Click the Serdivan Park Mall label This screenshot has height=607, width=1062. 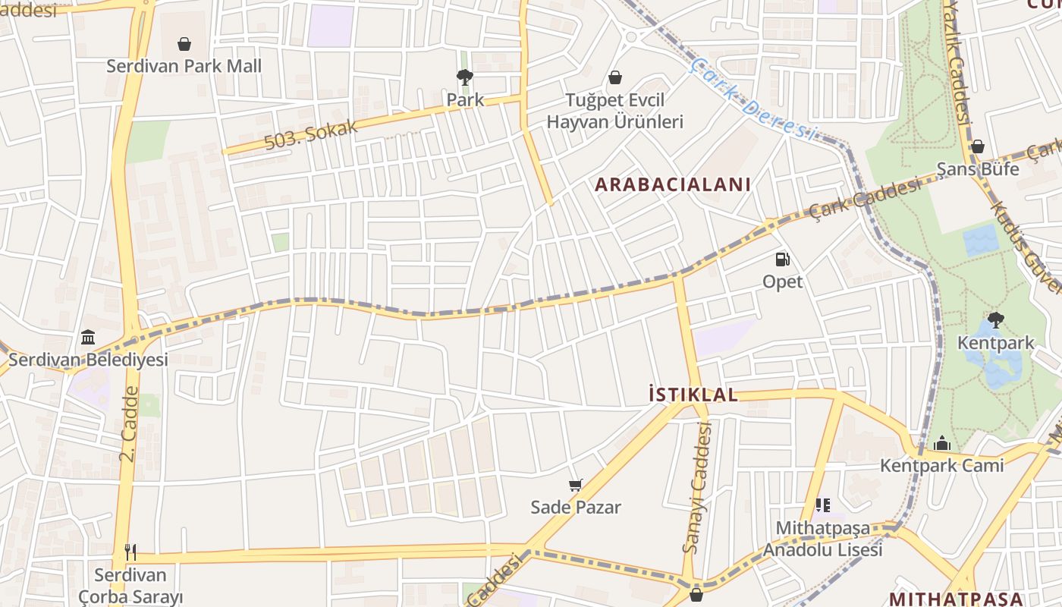(x=184, y=66)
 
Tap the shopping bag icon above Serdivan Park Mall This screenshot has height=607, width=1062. (x=184, y=44)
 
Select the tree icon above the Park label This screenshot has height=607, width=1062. (x=464, y=77)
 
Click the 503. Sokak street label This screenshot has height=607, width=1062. (x=311, y=135)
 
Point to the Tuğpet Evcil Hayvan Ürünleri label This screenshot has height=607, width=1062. (x=615, y=111)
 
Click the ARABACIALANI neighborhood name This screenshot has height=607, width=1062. (x=673, y=184)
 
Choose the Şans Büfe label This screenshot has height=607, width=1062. (x=978, y=169)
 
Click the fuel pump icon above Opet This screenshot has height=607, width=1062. (x=782, y=259)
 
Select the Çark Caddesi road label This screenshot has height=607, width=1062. (x=865, y=198)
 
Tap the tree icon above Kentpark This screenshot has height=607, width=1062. (x=995, y=320)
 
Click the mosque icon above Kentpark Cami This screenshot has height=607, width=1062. (x=941, y=443)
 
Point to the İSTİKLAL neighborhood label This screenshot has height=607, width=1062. (x=693, y=395)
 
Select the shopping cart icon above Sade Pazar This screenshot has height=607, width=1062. (x=576, y=485)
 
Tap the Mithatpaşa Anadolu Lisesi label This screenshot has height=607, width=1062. (x=823, y=539)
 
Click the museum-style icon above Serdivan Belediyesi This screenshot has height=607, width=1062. (x=88, y=337)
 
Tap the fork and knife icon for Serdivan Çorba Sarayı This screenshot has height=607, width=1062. (x=130, y=552)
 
